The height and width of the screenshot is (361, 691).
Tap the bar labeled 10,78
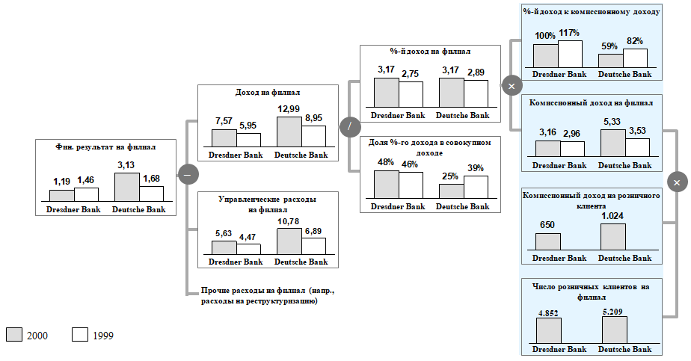pos(289,241)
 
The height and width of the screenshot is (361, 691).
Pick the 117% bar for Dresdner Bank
pos(570,55)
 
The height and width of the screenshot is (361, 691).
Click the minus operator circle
pos(187,174)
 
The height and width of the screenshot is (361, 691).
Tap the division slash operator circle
pos(349,127)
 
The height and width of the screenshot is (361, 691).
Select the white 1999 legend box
pos(81,335)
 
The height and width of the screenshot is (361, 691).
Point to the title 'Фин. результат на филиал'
pos(105,147)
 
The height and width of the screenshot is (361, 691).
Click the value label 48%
pos(385,163)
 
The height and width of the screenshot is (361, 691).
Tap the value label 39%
pos(476,168)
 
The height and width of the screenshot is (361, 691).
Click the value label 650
pos(548,224)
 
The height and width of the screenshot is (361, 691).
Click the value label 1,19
pos(61,182)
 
